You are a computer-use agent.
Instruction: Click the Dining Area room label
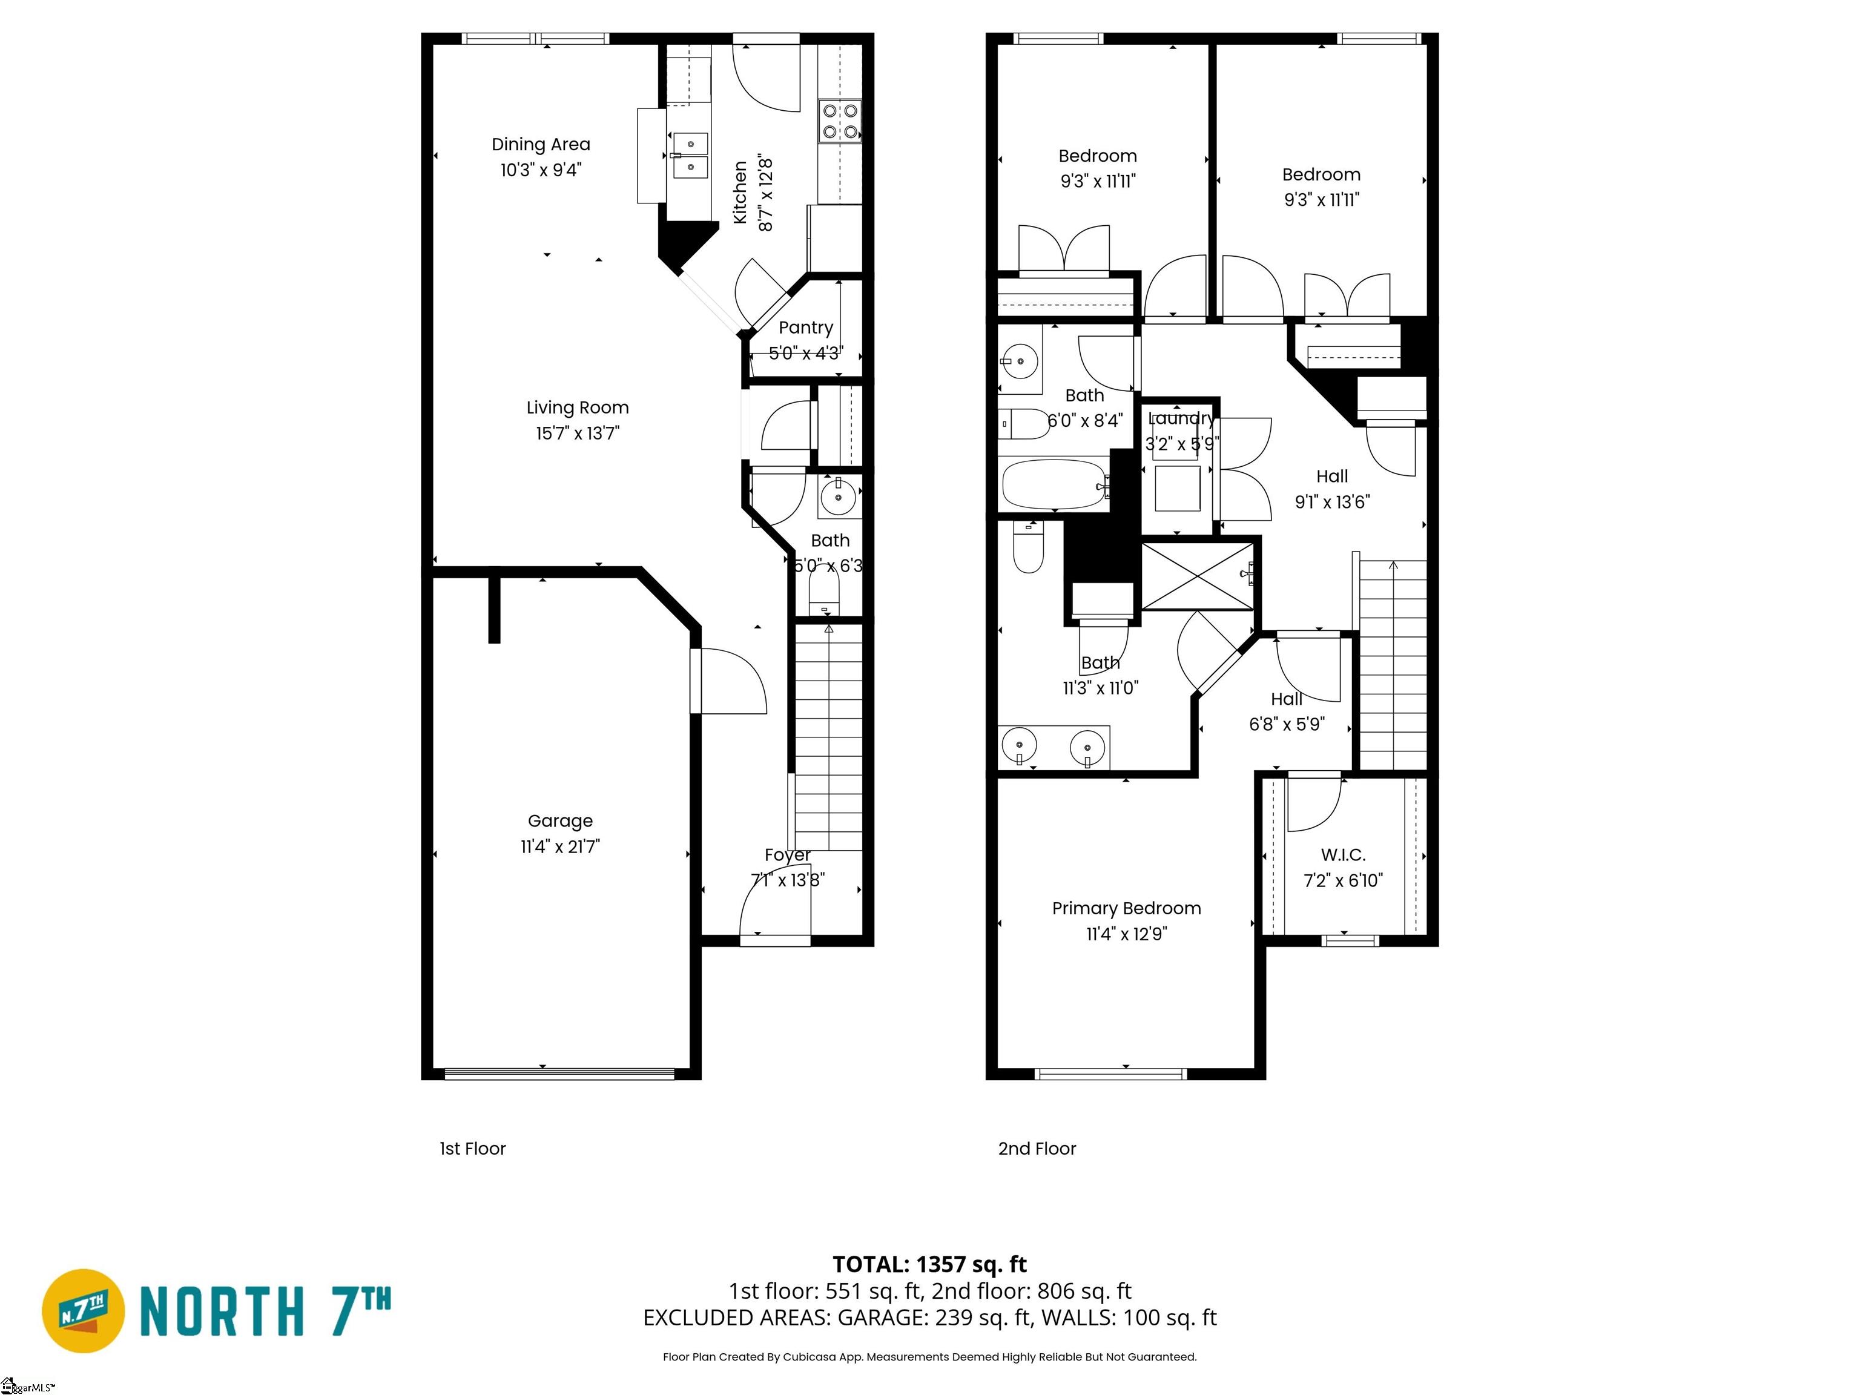(x=541, y=145)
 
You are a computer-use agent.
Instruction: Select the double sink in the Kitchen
(x=690, y=156)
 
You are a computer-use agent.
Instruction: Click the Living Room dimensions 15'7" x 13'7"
(x=578, y=433)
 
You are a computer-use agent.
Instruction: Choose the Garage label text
(x=560, y=820)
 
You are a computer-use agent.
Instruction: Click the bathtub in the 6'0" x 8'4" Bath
(x=1054, y=484)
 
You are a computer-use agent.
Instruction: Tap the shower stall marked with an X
(x=1198, y=577)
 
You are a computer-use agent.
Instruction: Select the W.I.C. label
(x=1343, y=855)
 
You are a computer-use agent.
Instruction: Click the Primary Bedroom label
(x=1126, y=908)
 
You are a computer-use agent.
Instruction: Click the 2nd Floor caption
(x=1037, y=1149)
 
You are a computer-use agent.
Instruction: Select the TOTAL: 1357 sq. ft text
(x=929, y=1265)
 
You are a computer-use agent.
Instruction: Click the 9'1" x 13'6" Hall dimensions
(x=1332, y=502)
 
